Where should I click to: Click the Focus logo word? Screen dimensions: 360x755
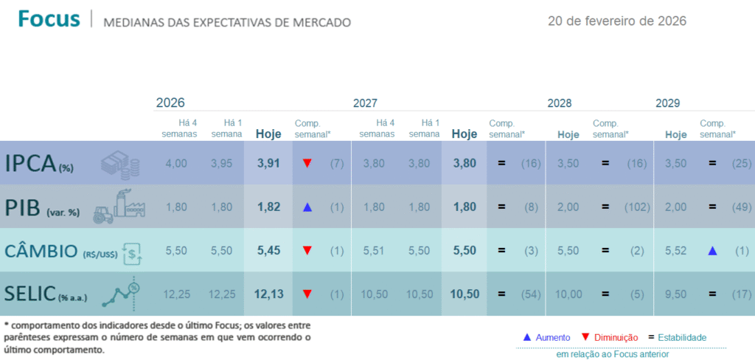click(x=49, y=19)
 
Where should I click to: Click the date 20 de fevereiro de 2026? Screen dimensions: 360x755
click(x=617, y=21)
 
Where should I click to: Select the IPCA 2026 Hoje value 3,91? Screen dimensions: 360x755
click(x=268, y=162)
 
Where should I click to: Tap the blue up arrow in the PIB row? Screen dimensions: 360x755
click(x=307, y=207)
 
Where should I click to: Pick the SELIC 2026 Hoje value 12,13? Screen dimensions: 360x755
click(x=268, y=294)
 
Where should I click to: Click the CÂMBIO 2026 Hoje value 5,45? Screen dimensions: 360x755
click(x=268, y=251)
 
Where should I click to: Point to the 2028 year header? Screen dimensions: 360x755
click(x=559, y=103)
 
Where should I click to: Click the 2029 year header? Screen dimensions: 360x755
click(x=667, y=103)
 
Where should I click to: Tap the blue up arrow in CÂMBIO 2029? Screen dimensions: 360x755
click(x=712, y=251)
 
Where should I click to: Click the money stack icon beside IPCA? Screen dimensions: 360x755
click(x=119, y=164)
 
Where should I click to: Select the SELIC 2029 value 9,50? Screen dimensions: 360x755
click(x=676, y=294)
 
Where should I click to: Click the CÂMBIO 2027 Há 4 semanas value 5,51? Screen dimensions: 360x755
click(x=374, y=251)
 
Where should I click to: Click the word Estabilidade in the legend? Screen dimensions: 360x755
click(x=683, y=337)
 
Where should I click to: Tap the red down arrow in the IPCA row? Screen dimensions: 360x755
click(x=307, y=163)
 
